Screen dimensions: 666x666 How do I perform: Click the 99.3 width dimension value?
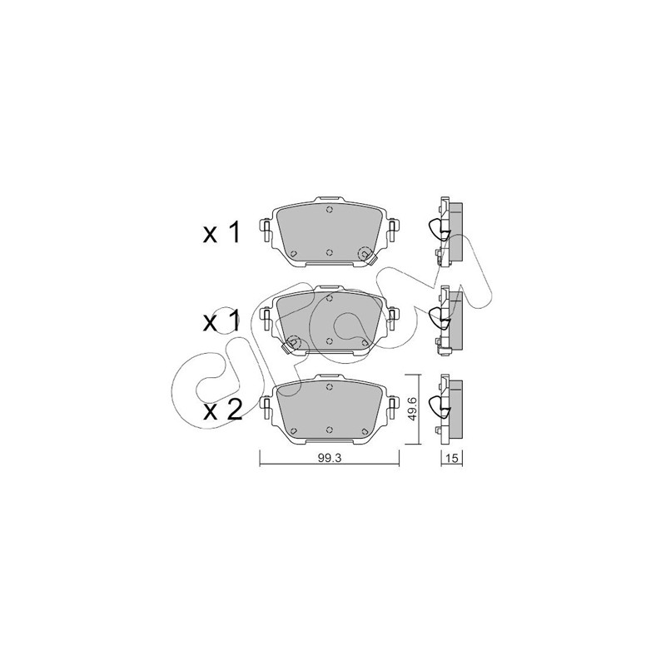pyautogui.click(x=329, y=458)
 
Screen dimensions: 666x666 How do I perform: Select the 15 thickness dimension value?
pyautogui.click(x=452, y=458)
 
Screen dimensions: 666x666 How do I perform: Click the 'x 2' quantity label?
pyautogui.click(x=222, y=410)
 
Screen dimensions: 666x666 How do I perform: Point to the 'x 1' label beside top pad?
pyautogui.click(x=221, y=233)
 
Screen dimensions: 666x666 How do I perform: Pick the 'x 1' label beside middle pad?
pyautogui.click(x=221, y=321)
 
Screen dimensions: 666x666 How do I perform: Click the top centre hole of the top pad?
pyautogui.click(x=329, y=210)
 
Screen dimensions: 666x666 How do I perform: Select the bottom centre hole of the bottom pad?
pyautogui.click(x=329, y=430)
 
